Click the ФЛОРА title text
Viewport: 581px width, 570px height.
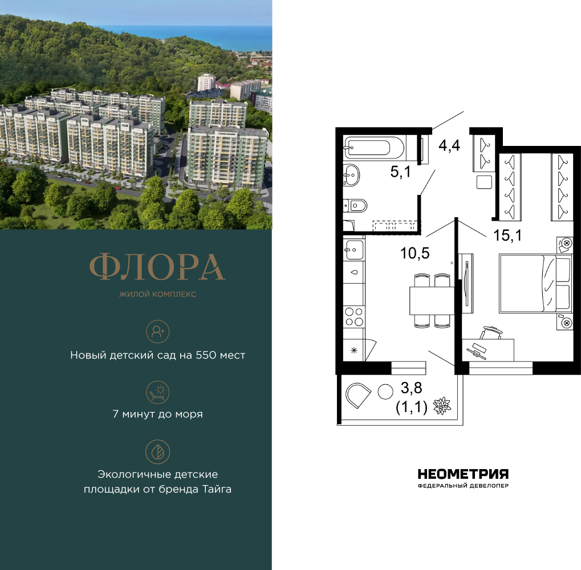pyautogui.click(x=157, y=267)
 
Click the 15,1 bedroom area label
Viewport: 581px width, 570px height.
pyautogui.click(x=507, y=235)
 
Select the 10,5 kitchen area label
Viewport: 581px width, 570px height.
pyautogui.click(x=415, y=253)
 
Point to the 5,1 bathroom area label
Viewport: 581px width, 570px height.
pyautogui.click(x=401, y=172)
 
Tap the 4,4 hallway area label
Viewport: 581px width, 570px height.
pyautogui.click(x=449, y=145)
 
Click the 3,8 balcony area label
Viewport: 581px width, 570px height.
pyautogui.click(x=411, y=388)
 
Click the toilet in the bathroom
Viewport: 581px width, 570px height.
pyautogui.click(x=355, y=205)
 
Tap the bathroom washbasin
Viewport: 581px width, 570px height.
pyautogui.click(x=351, y=175)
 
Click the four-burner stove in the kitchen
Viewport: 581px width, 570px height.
pyautogui.click(x=354, y=317)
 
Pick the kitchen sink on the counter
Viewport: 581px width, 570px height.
pyautogui.click(x=354, y=250)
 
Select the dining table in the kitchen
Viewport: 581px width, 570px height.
pyautogui.click(x=432, y=300)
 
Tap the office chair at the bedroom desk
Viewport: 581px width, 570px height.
pyautogui.click(x=491, y=332)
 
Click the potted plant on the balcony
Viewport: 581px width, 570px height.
pyautogui.click(x=442, y=406)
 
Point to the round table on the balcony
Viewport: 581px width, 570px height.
pyautogui.click(x=385, y=392)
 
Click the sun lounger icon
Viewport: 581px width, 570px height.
pyautogui.click(x=157, y=392)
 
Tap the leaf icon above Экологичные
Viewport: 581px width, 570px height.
pyautogui.click(x=157, y=452)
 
